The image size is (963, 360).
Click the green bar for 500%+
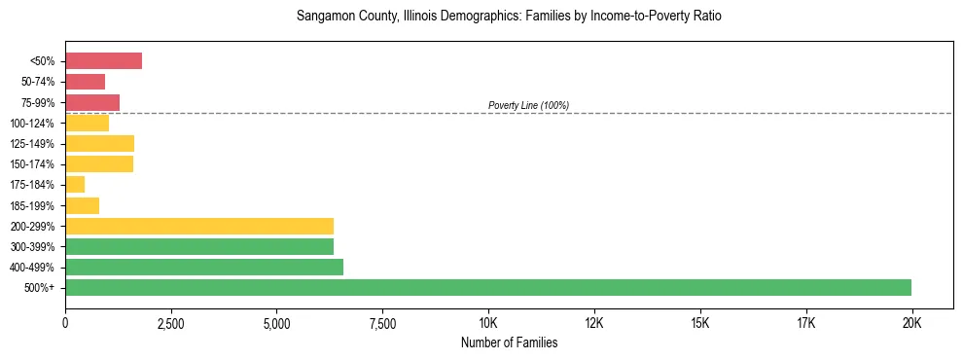[488, 287]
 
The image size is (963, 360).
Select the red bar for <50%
[103, 61]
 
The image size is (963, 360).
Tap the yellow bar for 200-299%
[199, 226]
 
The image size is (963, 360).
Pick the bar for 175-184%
[75, 185]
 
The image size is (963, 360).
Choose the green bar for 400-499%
[204, 267]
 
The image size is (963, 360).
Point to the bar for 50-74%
[85, 82]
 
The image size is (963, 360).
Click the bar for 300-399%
[199, 246]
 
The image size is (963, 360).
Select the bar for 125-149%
[99, 144]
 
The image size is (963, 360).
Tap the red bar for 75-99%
[92, 102]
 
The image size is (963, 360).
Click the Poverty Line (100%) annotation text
[528, 105]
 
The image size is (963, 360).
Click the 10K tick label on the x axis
[488, 322]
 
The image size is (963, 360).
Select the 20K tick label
[911, 322]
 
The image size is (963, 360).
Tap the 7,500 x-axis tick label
[382, 322]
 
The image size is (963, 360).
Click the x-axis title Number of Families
[509, 342]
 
